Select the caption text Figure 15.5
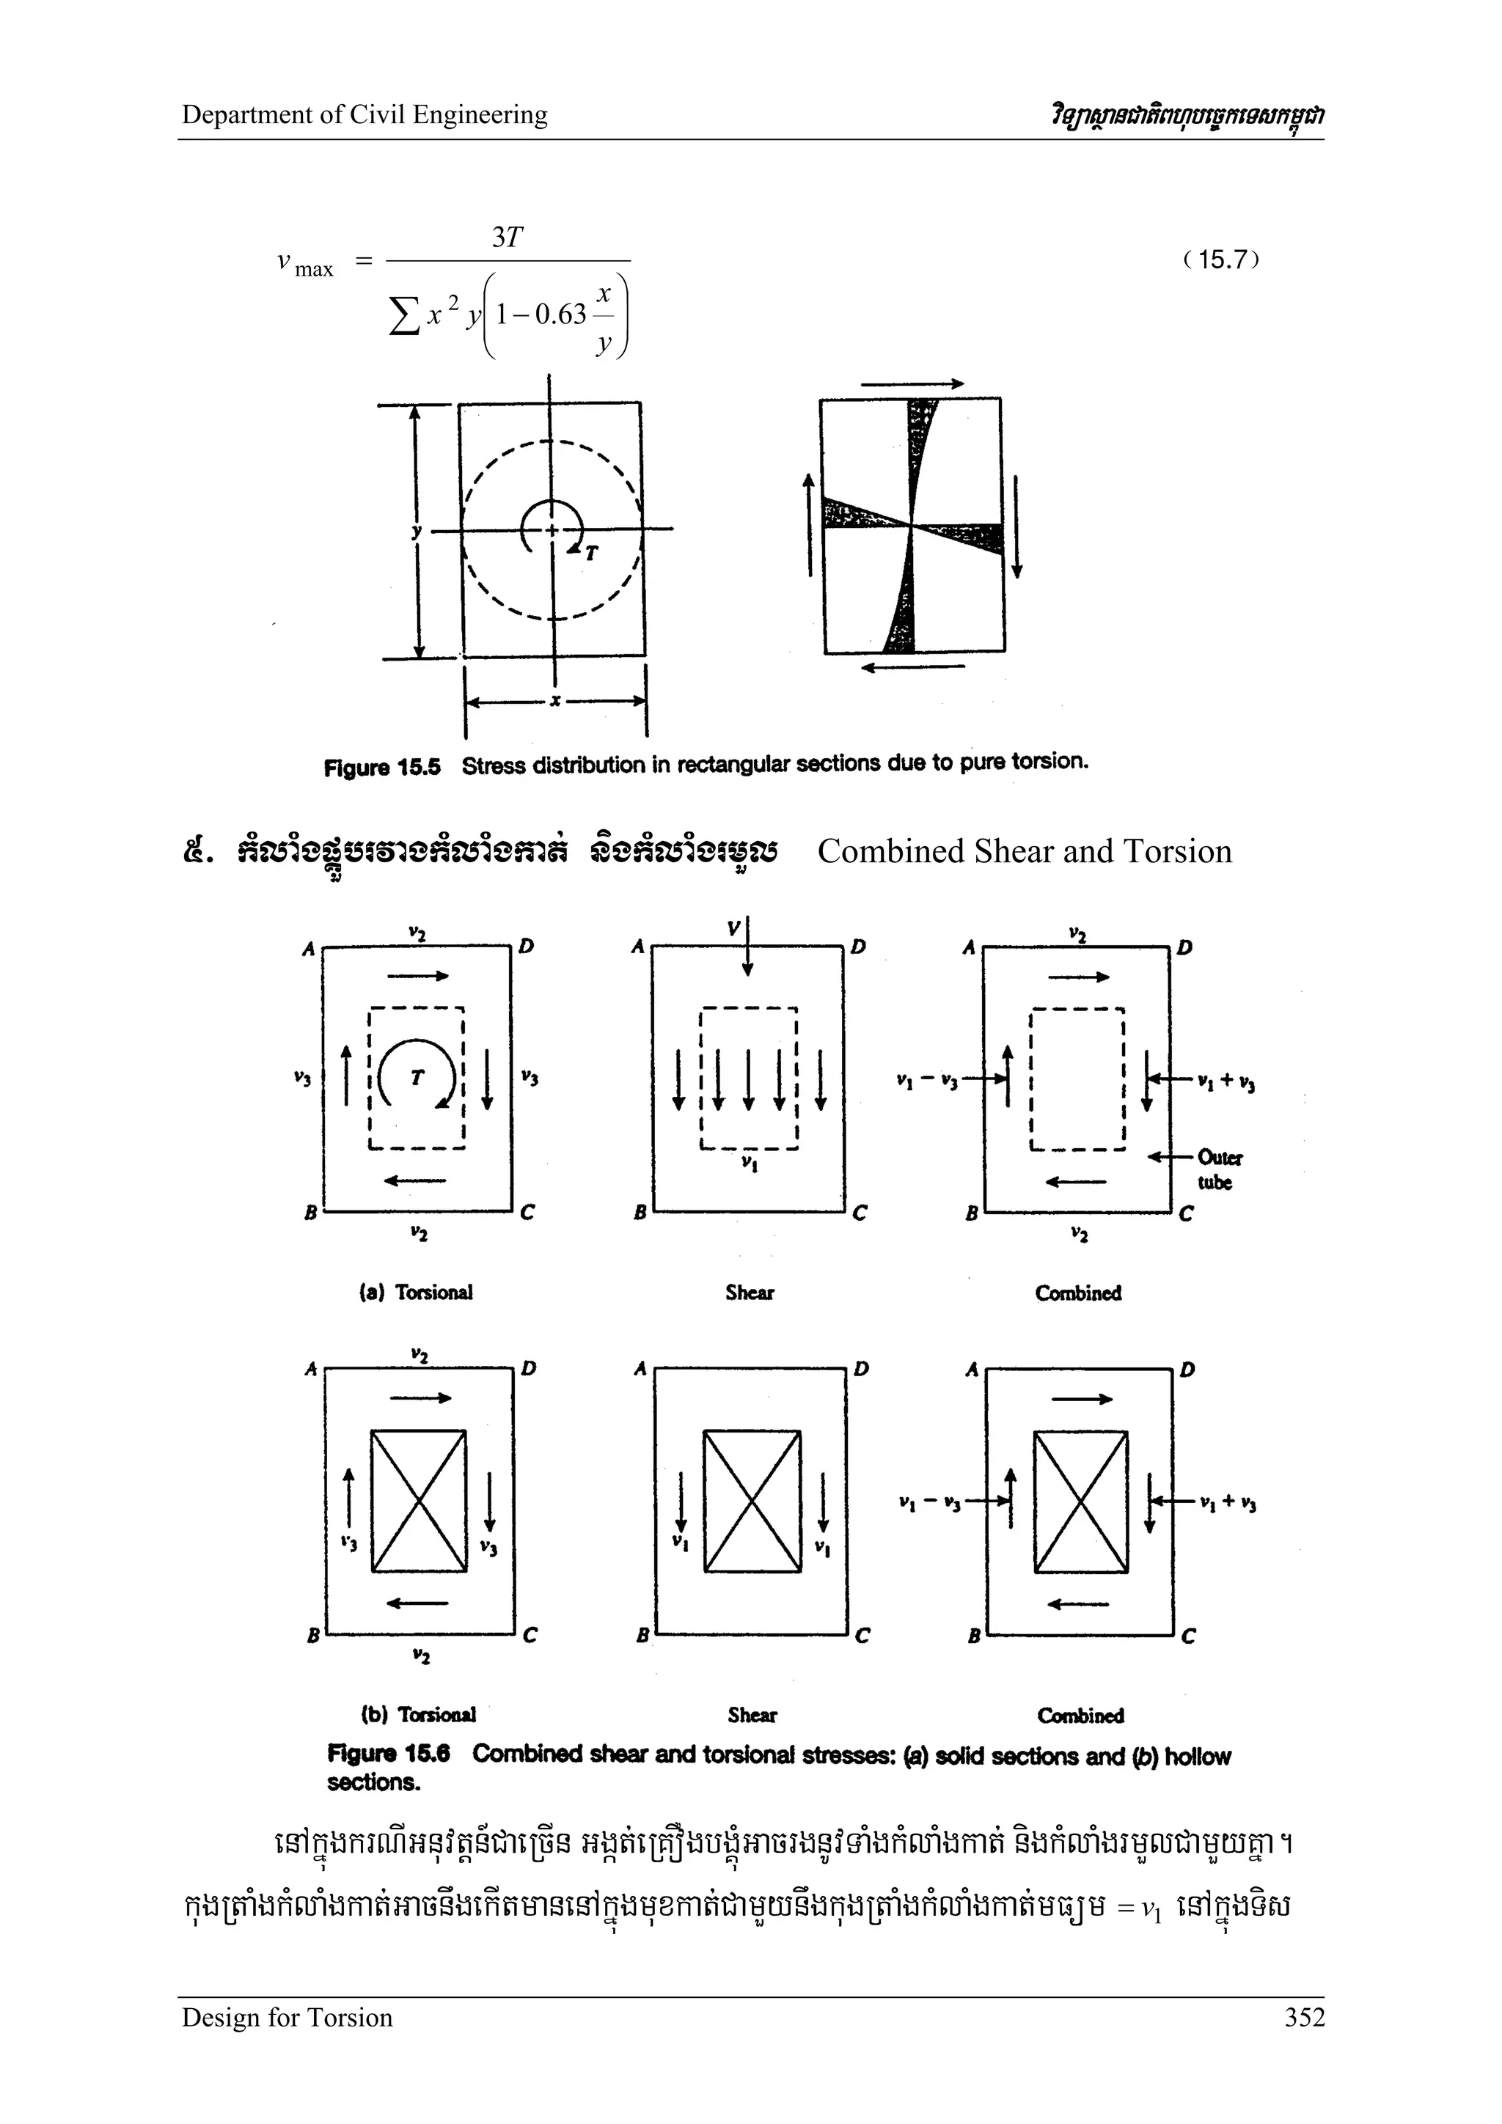point(381,767)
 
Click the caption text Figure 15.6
point(388,1754)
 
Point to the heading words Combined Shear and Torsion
point(1024,851)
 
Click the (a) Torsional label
point(416,1293)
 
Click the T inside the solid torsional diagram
point(417,1077)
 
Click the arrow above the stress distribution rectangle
point(912,383)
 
